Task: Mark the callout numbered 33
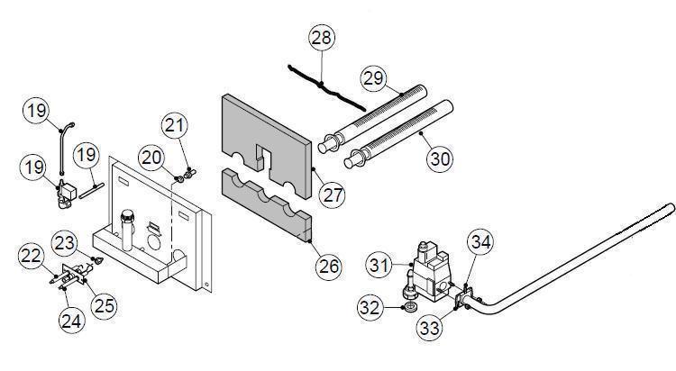tap(431, 328)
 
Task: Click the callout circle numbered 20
tap(152, 158)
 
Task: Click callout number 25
tap(105, 305)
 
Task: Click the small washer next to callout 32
tap(410, 308)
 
